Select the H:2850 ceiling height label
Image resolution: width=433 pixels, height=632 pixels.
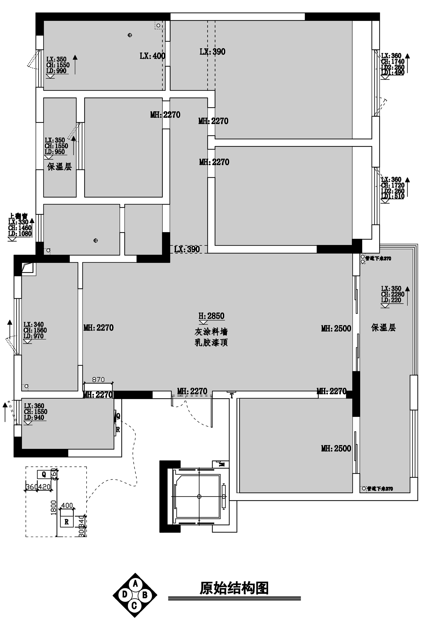click(x=211, y=316)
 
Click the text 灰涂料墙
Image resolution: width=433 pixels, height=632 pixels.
click(x=211, y=332)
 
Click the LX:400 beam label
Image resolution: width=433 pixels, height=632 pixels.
click(x=152, y=56)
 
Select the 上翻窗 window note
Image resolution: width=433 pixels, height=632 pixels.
click(x=18, y=216)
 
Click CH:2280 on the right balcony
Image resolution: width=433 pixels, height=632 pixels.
click(x=393, y=294)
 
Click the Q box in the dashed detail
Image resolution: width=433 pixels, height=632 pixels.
click(x=44, y=474)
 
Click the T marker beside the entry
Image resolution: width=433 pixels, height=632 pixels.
click(x=232, y=396)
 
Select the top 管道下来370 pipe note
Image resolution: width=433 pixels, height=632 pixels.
click(x=378, y=258)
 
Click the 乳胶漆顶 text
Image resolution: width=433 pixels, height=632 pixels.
click(x=211, y=343)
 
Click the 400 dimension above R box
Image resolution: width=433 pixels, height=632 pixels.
click(x=67, y=506)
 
